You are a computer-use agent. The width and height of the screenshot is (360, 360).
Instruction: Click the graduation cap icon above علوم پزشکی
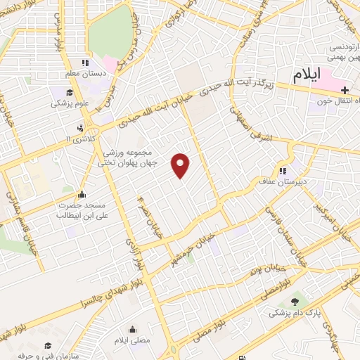tap(70, 92)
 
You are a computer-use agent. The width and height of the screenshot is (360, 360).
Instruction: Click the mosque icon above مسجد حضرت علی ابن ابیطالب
tap(82, 195)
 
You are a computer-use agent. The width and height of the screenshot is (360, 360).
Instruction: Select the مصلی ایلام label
tap(133, 341)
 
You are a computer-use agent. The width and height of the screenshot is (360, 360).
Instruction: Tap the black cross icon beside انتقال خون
tap(344, 90)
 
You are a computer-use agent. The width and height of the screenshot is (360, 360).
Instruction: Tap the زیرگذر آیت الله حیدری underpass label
tap(236, 86)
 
